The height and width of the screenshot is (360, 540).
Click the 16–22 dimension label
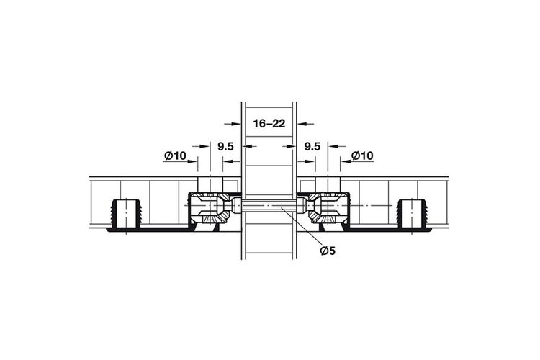[269, 123]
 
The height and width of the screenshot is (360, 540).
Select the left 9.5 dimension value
[225, 146]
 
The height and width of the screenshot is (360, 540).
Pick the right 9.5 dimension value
[312, 146]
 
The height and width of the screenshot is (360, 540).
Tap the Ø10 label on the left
[175, 156]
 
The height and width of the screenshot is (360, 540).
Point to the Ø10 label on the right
[362, 156]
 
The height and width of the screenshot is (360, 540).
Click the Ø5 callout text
[327, 251]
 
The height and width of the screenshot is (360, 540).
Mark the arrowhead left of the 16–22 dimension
[236, 123]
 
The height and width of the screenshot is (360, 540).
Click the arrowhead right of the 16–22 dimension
[302, 123]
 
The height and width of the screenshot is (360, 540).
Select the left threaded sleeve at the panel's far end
[127, 214]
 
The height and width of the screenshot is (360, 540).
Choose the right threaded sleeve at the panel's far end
[412, 214]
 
